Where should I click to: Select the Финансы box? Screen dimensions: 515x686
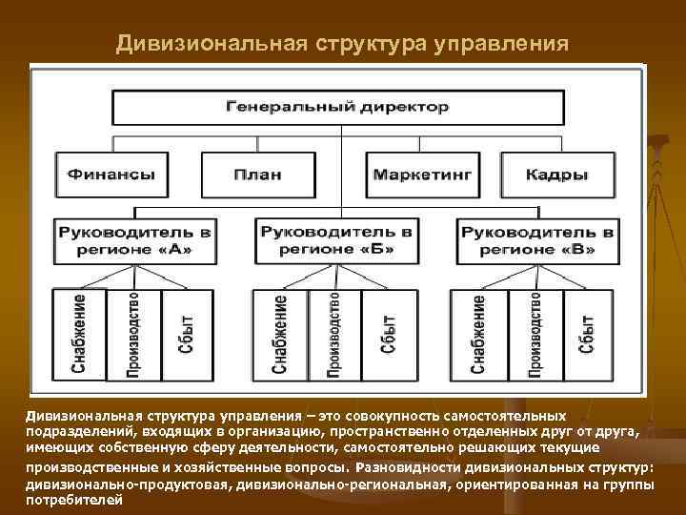111,175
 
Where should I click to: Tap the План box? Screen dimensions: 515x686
256,175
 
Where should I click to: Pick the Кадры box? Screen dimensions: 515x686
556,175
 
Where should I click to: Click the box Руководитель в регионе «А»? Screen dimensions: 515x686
134,241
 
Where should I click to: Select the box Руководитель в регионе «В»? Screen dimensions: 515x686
538,241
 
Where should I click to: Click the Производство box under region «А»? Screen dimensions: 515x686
133,334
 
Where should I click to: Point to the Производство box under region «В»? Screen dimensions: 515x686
535,334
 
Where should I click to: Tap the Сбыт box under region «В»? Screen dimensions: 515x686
588,334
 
